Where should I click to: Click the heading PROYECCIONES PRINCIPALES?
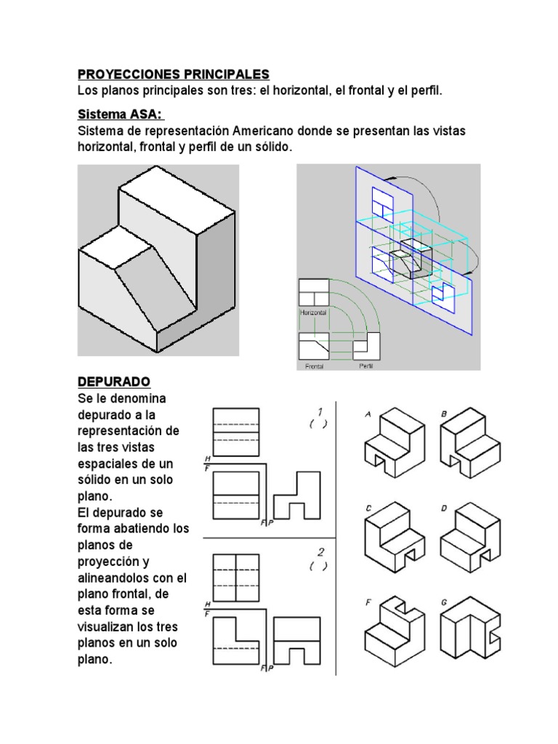click(x=173, y=74)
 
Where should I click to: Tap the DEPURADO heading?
click(x=113, y=381)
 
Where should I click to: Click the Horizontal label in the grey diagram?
click(x=313, y=312)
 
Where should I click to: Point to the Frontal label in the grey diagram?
click(x=314, y=366)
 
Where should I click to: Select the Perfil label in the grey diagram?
click(x=366, y=366)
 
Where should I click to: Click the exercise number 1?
click(x=320, y=412)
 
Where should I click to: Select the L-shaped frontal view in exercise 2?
click(x=237, y=639)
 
